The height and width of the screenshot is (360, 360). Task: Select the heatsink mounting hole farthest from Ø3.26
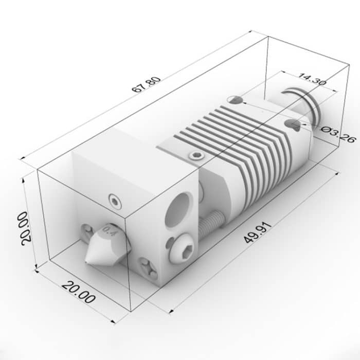(x=236, y=100)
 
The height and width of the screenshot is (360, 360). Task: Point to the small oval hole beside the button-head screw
(x=169, y=241)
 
